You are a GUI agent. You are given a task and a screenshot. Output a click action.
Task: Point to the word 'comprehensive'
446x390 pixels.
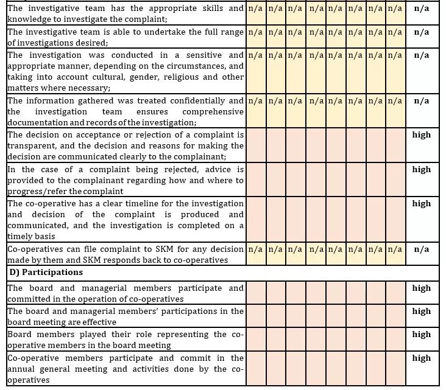[x=213, y=111]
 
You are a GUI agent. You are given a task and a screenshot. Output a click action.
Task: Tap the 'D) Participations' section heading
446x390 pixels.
[x=45, y=271]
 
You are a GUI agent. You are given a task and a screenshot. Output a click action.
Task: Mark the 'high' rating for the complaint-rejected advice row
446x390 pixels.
[x=421, y=169]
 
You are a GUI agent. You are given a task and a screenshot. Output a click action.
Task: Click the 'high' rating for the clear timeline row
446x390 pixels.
[x=421, y=203]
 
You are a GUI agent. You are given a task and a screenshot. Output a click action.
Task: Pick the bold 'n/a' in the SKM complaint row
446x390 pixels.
[x=421, y=249]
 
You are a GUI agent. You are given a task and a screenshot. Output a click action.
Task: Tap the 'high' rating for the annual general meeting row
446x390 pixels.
[x=421, y=358]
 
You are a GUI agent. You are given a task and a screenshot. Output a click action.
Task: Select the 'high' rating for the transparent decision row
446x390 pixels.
[x=421, y=134]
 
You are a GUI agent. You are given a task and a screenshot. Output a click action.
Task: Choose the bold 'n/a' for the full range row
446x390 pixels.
[x=421, y=32]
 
